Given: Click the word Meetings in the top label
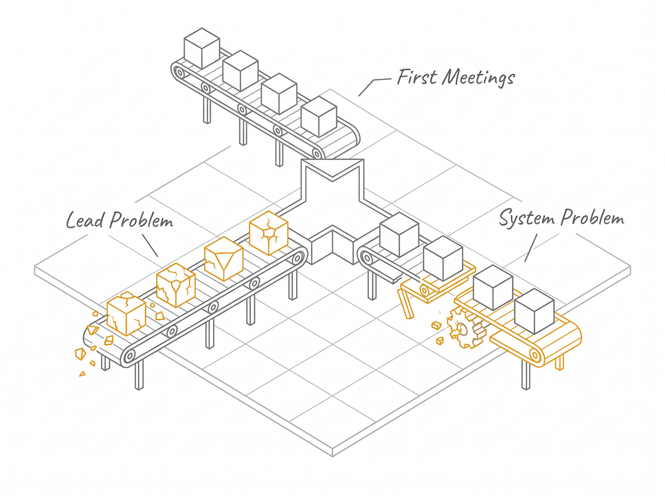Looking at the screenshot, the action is pyautogui.click(x=478, y=78).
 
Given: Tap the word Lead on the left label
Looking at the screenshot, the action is pyautogui.click(x=85, y=220).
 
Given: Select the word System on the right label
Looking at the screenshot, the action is pyautogui.click(x=526, y=218).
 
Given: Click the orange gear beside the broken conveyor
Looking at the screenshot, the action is pyautogui.click(x=465, y=328).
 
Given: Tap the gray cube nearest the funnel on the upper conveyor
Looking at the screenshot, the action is pyautogui.click(x=319, y=116).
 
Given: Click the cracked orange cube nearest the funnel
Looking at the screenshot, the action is pyautogui.click(x=268, y=233).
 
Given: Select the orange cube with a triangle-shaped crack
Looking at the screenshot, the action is pyautogui.click(x=224, y=259).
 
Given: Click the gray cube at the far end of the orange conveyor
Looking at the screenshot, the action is pyautogui.click(x=534, y=311).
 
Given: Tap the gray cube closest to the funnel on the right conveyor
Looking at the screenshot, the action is pyautogui.click(x=399, y=234).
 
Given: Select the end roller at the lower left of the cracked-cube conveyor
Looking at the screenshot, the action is pyautogui.click(x=130, y=356).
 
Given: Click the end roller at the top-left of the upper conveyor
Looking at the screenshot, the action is pyautogui.click(x=180, y=73).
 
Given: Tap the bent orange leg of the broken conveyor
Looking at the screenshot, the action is pyautogui.click(x=405, y=304).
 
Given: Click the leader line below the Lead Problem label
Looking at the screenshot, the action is pyautogui.click(x=150, y=245).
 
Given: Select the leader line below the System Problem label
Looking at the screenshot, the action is pyautogui.click(x=531, y=248).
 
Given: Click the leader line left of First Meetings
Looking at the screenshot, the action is pyautogui.click(x=372, y=86).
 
